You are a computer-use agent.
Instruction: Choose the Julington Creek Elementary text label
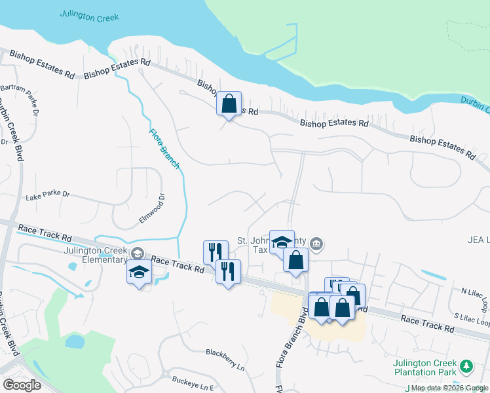(96, 254)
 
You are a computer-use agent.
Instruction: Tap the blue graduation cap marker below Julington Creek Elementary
(139, 271)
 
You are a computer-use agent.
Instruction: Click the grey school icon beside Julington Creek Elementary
(138, 253)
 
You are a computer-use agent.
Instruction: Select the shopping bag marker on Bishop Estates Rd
(229, 103)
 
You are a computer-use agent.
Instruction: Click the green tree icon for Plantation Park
(466, 365)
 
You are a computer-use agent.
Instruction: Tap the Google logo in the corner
(22, 384)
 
